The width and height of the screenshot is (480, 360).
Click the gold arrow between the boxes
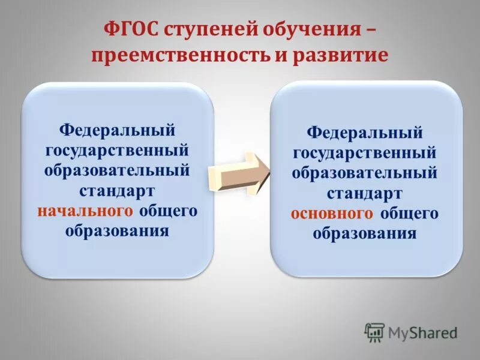point(240,173)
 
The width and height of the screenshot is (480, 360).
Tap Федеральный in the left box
point(118,129)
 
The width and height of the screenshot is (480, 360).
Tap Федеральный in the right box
point(365,131)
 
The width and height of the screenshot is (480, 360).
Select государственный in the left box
point(118,149)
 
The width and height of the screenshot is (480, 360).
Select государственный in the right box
point(365,152)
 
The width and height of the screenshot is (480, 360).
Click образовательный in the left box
point(118,170)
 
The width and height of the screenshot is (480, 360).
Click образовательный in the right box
point(365,173)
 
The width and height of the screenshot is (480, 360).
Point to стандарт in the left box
point(118,190)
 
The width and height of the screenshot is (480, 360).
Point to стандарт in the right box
point(365,193)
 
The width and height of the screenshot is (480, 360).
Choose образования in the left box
point(118,231)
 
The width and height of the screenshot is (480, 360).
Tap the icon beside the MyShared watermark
point(374,332)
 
